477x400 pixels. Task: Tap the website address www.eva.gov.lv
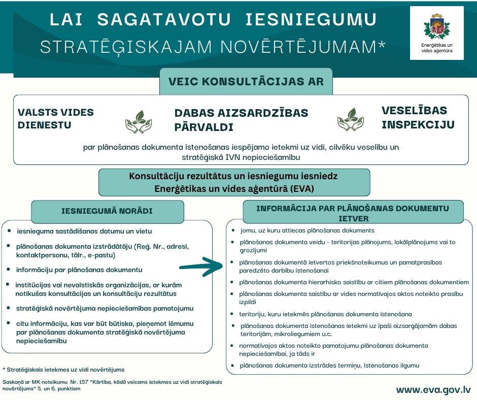433,390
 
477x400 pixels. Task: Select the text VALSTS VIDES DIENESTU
56,118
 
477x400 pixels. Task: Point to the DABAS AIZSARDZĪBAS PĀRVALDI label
241,120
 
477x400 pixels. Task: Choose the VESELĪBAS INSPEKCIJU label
417,117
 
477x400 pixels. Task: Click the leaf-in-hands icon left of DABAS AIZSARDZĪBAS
139,121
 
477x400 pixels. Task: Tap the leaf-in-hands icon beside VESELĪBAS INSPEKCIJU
350,119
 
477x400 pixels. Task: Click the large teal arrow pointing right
198,265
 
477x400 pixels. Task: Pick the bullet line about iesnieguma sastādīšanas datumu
84,231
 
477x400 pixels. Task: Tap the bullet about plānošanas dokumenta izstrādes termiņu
329,365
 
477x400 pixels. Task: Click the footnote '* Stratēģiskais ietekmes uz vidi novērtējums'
63,370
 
